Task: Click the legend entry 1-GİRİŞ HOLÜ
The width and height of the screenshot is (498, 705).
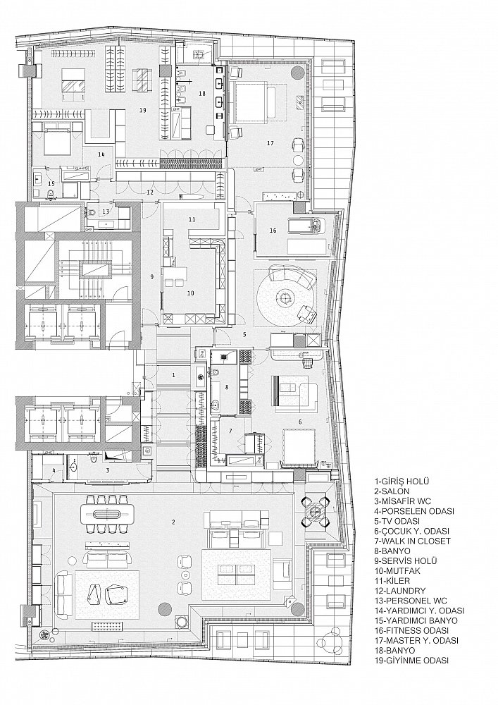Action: click(x=401, y=482)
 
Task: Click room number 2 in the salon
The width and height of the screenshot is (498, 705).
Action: click(x=174, y=522)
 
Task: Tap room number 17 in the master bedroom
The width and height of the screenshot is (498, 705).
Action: click(x=270, y=143)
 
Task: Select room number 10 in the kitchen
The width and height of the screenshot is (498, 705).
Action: click(x=191, y=293)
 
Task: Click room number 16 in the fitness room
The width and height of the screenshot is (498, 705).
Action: click(x=273, y=231)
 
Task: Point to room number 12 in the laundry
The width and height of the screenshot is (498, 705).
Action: click(x=150, y=192)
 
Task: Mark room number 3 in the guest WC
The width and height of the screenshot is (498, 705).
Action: click(x=107, y=471)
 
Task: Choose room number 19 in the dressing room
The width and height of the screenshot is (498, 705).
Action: click(x=143, y=110)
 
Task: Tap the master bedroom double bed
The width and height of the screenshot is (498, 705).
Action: click(x=254, y=102)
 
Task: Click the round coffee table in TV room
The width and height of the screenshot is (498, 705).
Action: click(x=284, y=297)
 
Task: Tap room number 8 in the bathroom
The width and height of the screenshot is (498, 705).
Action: click(x=227, y=386)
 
